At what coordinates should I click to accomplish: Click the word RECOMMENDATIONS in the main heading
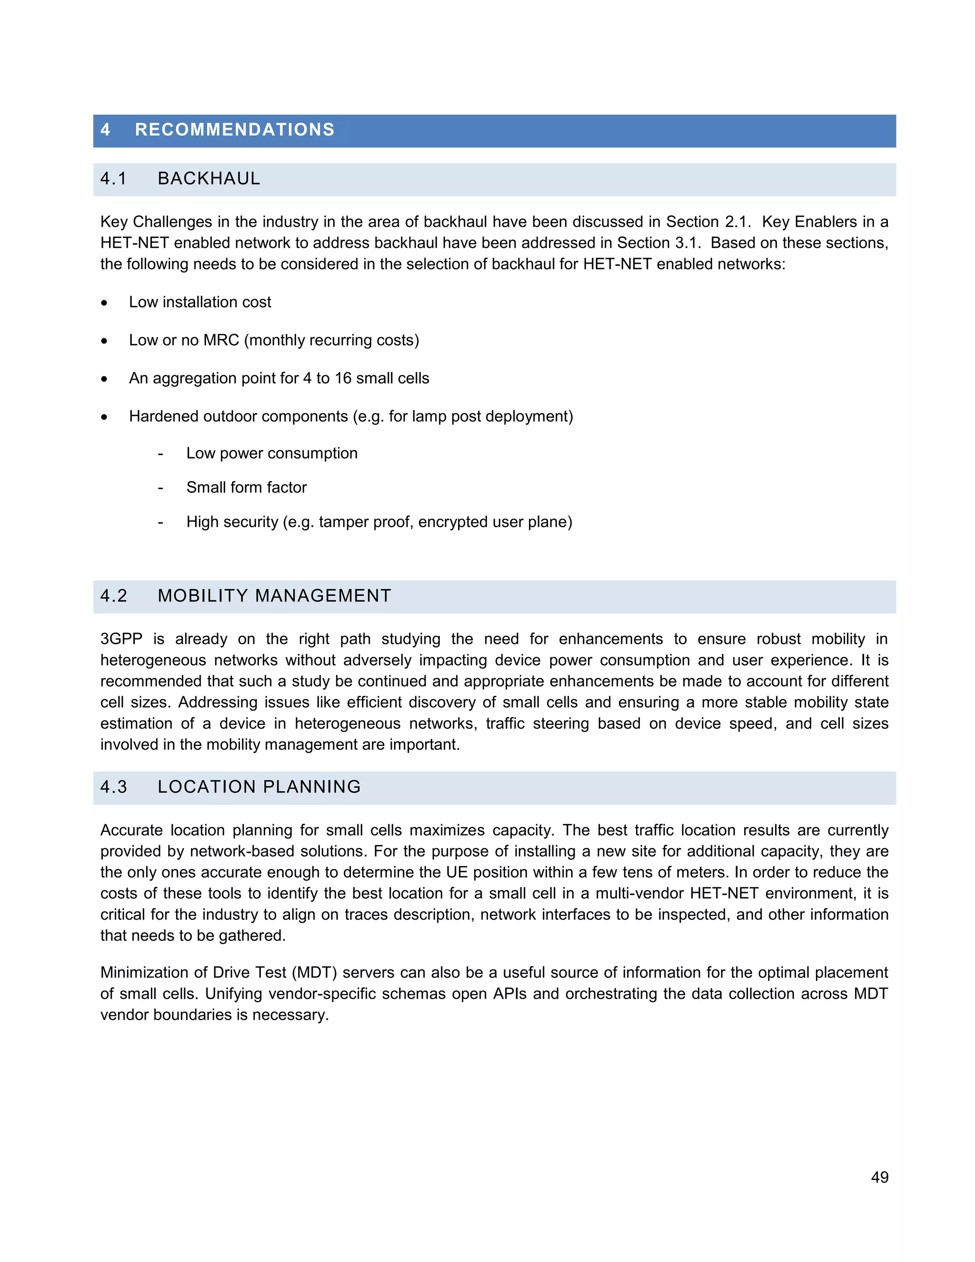point(235,130)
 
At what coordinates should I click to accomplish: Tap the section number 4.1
point(113,179)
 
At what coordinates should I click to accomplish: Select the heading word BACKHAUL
point(209,179)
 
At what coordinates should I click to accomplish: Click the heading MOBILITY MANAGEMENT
point(274,596)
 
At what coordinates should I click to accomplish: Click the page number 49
point(879,1177)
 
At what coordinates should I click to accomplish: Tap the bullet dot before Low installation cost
point(104,303)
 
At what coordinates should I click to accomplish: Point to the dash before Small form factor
point(160,488)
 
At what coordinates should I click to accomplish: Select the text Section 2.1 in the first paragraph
point(707,222)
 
